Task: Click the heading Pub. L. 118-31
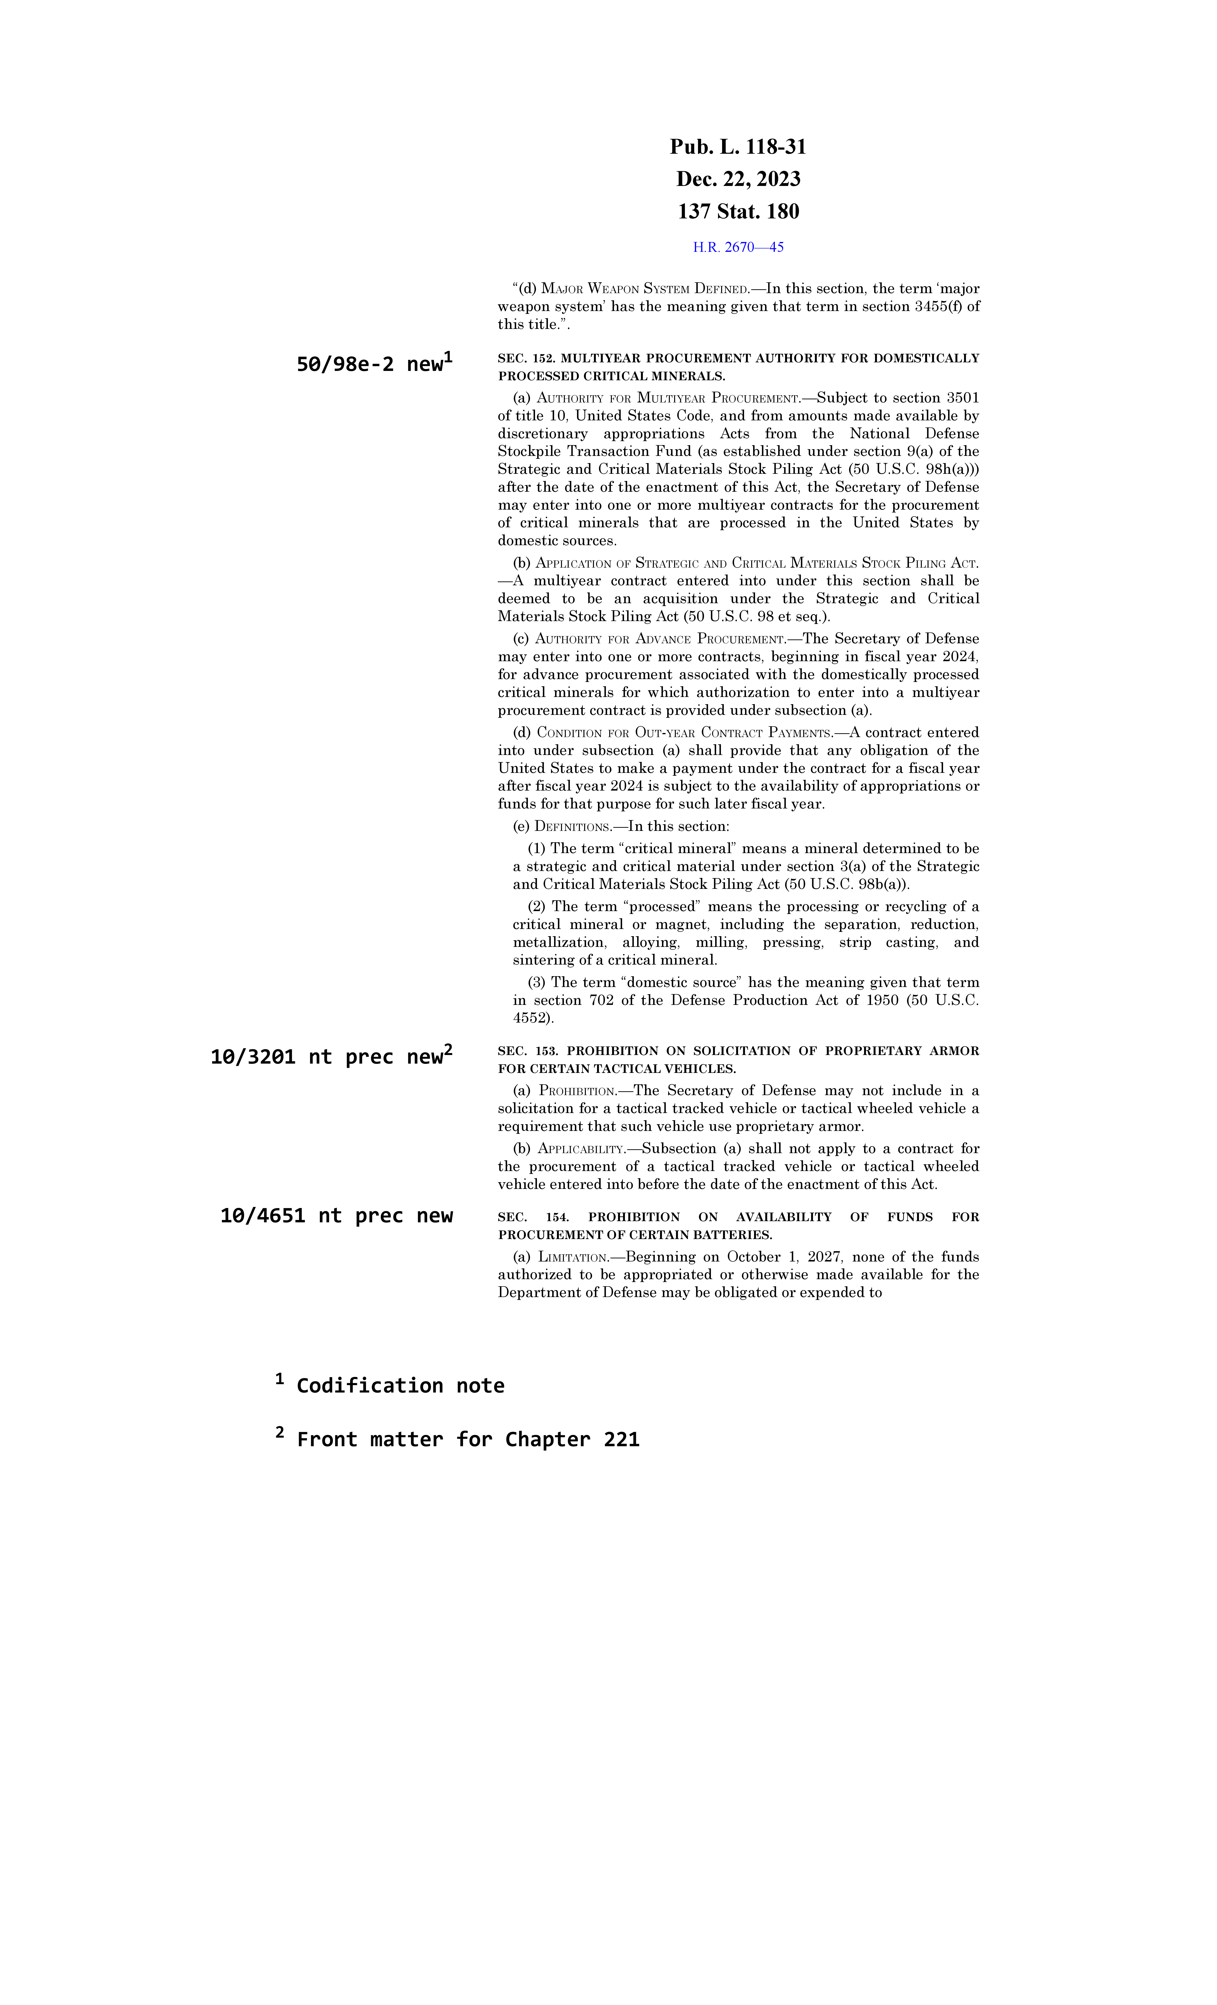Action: click(x=738, y=147)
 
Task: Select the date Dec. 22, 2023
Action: click(x=738, y=179)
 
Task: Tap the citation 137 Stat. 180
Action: click(x=738, y=211)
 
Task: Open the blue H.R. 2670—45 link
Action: click(x=738, y=247)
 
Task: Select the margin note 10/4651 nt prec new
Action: click(x=336, y=1216)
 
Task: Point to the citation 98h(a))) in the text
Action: click(x=952, y=470)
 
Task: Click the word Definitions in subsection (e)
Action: click(x=572, y=827)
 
